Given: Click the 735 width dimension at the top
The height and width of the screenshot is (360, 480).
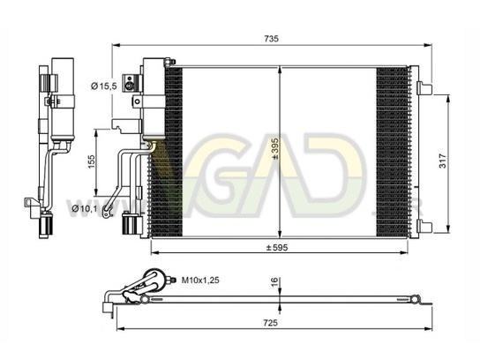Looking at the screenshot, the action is click(271, 39).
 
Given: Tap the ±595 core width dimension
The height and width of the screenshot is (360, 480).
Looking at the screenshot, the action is click(277, 247).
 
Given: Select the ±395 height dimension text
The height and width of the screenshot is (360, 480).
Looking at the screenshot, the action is click(274, 149).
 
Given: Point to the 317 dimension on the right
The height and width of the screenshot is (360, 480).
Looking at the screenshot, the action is click(443, 161).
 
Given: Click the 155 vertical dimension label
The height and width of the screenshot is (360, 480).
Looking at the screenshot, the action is click(91, 161).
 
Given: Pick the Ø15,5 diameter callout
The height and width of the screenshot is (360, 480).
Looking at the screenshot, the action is click(104, 86).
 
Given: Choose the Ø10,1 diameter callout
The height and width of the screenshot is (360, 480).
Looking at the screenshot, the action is click(85, 208).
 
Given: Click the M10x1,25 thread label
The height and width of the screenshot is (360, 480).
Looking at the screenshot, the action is click(200, 280).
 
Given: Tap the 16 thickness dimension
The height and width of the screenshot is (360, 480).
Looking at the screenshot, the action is click(274, 282).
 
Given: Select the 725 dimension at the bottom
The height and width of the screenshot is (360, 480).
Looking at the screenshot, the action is click(271, 322).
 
